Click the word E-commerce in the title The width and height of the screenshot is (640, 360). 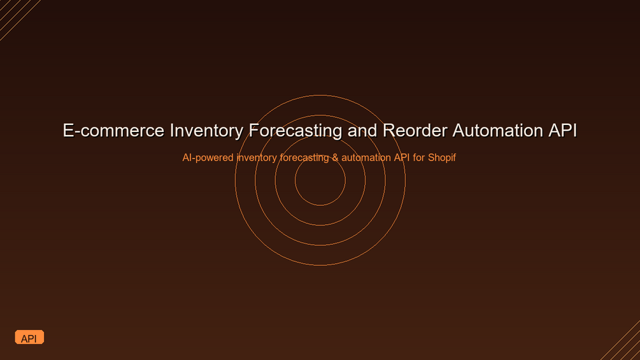coord(113,131)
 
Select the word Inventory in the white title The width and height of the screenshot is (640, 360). coord(206,131)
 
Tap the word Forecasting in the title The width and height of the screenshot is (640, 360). coord(295,131)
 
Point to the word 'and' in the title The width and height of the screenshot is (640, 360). coord(362,131)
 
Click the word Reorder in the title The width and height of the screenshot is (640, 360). coord(415,131)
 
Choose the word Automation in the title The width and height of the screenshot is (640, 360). coord(497,131)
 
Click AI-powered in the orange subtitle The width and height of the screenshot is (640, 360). coord(208,158)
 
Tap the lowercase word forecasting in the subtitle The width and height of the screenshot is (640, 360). coord(304,158)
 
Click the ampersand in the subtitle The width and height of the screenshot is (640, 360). coord(335,157)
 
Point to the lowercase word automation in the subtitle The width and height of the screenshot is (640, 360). coord(366,157)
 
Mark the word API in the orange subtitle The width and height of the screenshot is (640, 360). coord(402,157)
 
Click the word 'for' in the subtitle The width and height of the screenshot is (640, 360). coord(419,157)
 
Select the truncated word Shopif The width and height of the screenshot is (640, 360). coord(442,158)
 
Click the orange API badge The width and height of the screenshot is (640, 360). coord(29,337)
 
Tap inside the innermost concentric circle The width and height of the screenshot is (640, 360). coord(320,180)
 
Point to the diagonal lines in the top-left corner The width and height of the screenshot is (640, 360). coord(18,18)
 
